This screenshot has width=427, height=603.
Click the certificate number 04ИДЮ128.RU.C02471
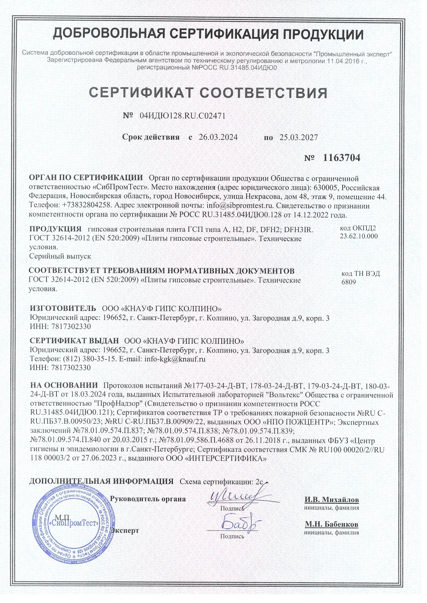pyautogui.click(x=183, y=116)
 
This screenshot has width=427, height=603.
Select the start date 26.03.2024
pyautogui.click(x=218, y=138)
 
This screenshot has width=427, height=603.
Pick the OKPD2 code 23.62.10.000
pyautogui.click(x=358, y=236)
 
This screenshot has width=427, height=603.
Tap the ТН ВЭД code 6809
pyautogui.click(x=348, y=282)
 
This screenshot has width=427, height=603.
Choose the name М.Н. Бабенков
pyautogui.click(x=332, y=525)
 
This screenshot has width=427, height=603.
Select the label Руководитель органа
pyautogui.click(x=148, y=499)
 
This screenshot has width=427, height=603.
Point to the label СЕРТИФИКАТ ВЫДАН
pyautogui.click(x=74, y=341)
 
